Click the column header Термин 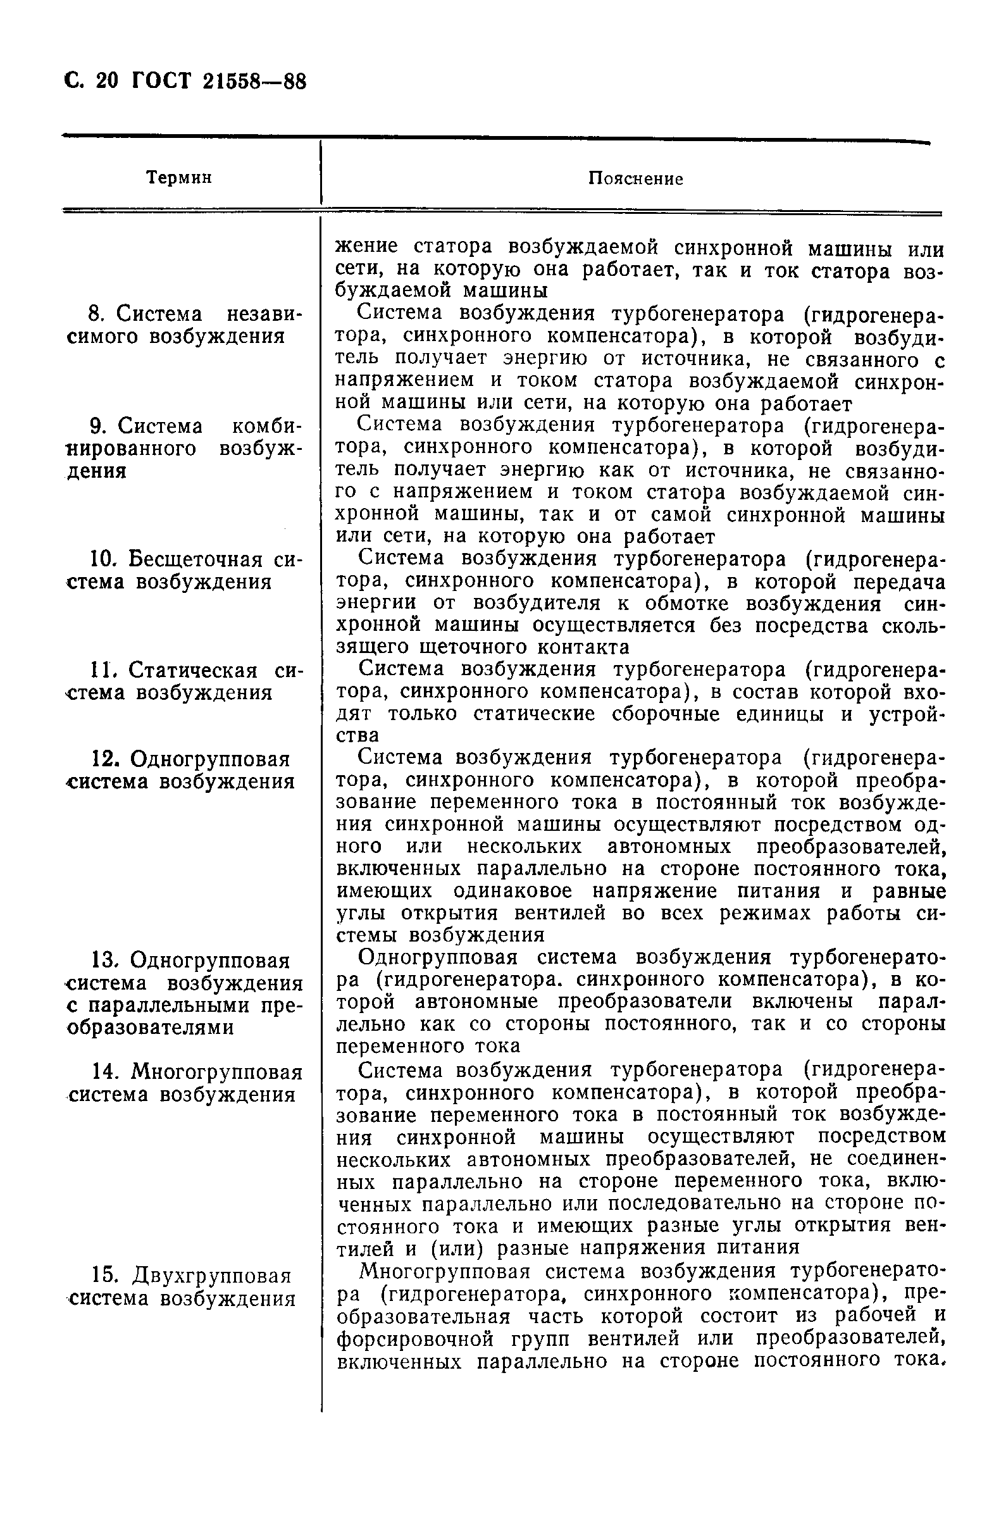[179, 178]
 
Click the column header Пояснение [635, 179]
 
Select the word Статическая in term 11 [194, 670]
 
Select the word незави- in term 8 [264, 314]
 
